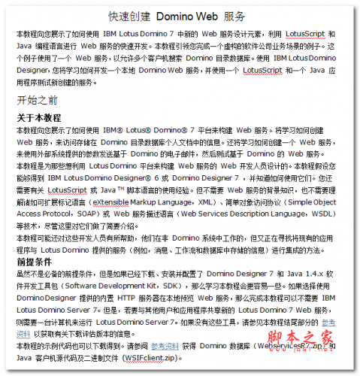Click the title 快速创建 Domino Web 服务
pyautogui.click(x=181, y=16)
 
